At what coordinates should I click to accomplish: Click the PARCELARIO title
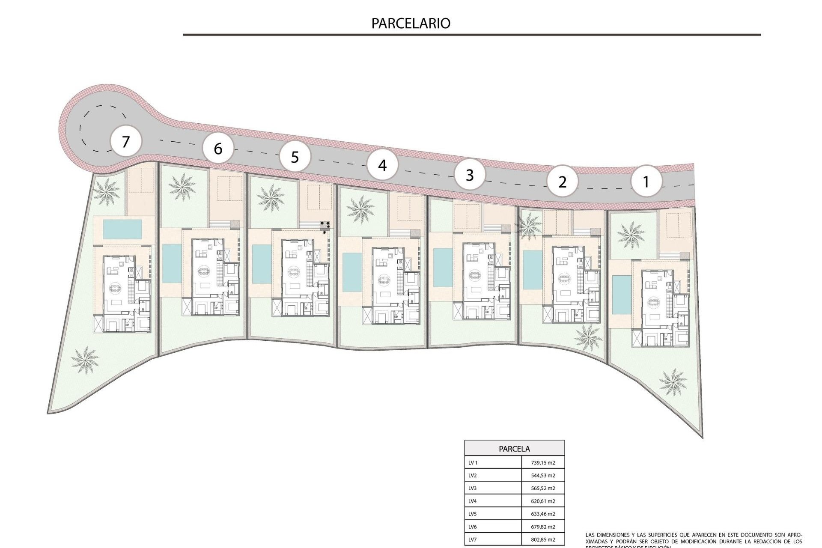411,23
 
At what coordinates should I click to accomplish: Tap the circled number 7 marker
125,142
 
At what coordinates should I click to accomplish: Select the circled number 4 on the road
382,165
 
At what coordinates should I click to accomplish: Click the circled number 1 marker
646,182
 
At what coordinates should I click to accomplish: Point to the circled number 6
218,149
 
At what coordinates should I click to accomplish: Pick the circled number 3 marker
470,175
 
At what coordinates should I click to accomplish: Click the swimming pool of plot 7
122,229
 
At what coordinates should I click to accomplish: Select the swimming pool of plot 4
352,272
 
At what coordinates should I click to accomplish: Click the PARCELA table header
514,449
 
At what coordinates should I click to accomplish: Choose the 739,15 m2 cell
542,463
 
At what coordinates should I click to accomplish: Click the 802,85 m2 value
542,540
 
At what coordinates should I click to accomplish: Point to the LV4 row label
473,501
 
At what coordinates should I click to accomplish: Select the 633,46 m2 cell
542,514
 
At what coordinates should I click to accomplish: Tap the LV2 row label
473,476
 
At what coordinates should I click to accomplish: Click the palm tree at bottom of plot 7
85,359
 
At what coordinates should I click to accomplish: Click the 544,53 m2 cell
542,476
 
